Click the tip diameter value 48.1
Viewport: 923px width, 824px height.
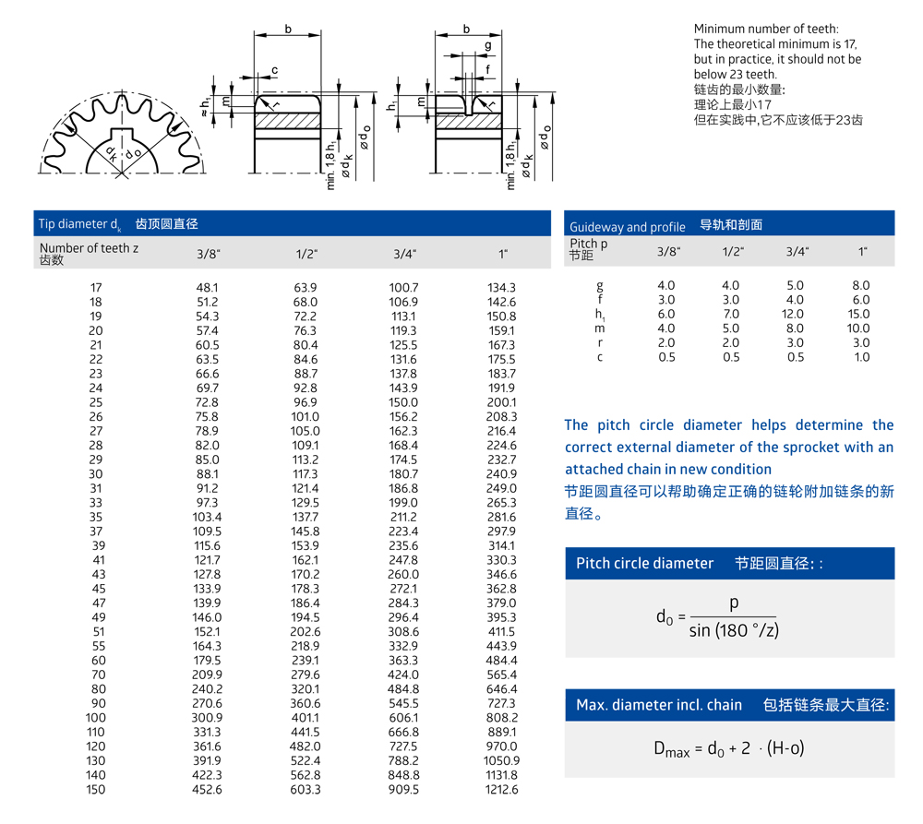pyautogui.click(x=207, y=288)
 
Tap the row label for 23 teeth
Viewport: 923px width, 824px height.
pyautogui.click(x=96, y=374)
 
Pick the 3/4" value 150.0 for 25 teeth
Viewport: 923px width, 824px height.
pyautogui.click(x=403, y=402)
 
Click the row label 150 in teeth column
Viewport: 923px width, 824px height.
pyautogui.click(x=96, y=789)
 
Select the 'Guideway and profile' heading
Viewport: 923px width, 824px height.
pyautogui.click(x=627, y=227)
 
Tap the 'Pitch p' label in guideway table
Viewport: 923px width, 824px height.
pyautogui.click(x=589, y=245)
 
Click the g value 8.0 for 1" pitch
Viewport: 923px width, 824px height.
pyautogui.click(x=861, y=285)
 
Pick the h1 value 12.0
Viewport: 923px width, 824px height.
pyautogui.click(x=796, y=314)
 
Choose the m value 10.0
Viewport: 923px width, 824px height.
pyautogui.click(x=859, y=328)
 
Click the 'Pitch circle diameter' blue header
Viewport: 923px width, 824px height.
pyautogui.click(x=644, y=564)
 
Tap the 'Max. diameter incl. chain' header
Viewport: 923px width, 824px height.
pyautogui.click(x=659, y=705)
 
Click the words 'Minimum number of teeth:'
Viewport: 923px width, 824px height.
pyautogui.click(x=766, y=30)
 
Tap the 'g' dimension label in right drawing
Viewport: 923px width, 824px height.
pyautogui.click(x=487, y=45)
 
